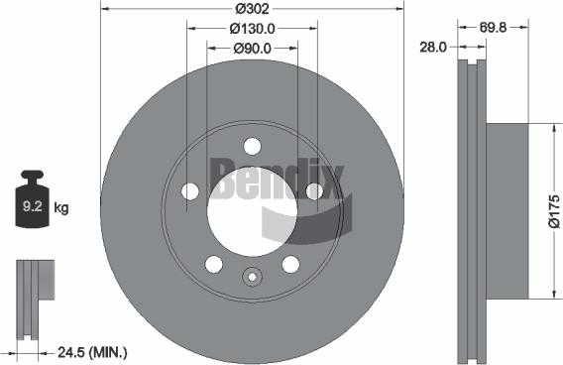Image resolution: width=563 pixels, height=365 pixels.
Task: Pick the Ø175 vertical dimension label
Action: (554, 210)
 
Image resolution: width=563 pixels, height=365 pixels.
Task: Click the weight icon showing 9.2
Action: (33, 205)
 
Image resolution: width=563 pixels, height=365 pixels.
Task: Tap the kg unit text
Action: (60, 208)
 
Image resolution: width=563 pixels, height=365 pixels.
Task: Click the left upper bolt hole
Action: (190, 190)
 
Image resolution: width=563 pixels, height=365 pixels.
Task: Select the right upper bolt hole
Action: (314, 190)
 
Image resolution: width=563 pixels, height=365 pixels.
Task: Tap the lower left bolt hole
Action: (213, 264)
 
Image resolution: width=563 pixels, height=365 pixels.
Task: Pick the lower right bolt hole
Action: (290, 264)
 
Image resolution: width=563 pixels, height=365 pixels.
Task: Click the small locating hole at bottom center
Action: (252, 279)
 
